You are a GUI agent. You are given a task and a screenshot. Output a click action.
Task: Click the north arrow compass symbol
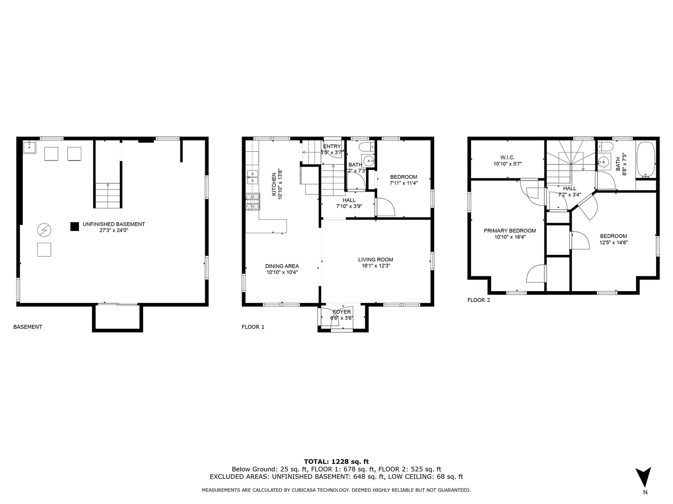pos(644,476)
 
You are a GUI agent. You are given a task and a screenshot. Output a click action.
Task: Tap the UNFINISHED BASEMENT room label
pos(114,224)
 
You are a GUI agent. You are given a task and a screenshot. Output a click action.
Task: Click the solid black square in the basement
pos(74,226)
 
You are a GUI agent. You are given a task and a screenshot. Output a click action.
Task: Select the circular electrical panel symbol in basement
pos(44,230)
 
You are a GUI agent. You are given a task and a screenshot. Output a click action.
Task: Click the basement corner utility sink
pos(29,147)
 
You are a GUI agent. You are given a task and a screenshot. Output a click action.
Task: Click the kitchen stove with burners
pos(252,202)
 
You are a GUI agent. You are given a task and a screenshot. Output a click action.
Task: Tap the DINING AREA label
pos(282,266)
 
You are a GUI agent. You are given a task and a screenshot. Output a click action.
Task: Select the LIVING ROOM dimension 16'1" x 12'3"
pos(375,266)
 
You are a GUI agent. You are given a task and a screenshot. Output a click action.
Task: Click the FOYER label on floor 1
pos(342,312)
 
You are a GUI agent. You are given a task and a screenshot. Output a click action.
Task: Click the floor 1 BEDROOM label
pos(403,177)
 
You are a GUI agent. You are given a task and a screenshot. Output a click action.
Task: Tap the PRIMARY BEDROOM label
pos(509,231)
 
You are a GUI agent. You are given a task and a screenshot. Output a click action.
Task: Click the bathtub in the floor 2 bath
pos(646,160)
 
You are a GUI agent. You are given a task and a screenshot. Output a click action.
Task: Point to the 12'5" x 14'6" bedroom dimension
pos(613,242)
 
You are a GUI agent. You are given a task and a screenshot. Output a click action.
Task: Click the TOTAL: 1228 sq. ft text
pos(336,462)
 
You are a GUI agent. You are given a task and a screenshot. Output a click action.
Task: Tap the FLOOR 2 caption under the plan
pos(479,300)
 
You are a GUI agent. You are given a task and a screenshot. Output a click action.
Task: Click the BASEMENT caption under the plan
pos(28,327)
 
